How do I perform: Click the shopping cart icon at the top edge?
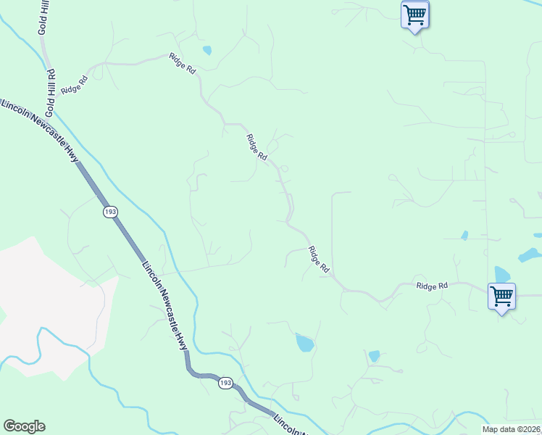tap(414, 14)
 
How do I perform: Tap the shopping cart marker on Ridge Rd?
tap(501, 296)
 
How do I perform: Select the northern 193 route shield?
tap(110, 212)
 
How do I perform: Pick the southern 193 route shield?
tap(225, 382)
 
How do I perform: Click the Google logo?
tap(24, 426)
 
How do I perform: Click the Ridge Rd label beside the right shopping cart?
tap(432, 286)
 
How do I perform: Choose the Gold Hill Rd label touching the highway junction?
tap(51, 93)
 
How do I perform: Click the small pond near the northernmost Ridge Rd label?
tap(207, 51)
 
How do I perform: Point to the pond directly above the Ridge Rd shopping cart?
tap(501, 274)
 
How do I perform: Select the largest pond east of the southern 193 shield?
tap(305, 342)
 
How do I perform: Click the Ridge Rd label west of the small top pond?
tap(183, 63)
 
